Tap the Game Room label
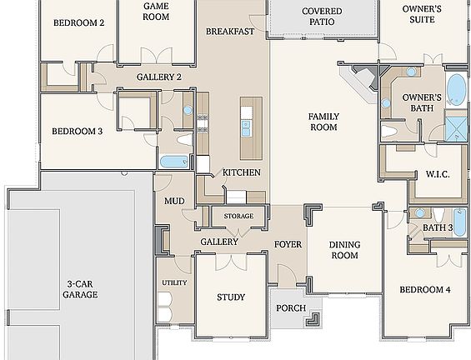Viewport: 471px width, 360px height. pyautogui.click(x=157, y=11)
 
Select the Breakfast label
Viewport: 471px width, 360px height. pyautogui.click(x=231, y=31)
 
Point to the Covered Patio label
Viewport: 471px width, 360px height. pyautogui.click(x=322, y=17)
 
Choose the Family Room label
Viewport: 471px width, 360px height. pyautogui.click(x=323, y=122)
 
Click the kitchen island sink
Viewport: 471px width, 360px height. pyautogui.click(x=247, y=127)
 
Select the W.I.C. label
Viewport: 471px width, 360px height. pyautogui.click(x=438, y=174)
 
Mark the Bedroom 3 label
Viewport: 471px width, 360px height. pyautogui.click(x=77, y=131)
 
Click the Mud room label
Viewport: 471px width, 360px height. pyautogui.click(x=174, y=202)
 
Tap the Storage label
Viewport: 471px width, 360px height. pyautogui.click(x=238, y=217)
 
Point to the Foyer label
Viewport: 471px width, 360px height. pyautogui.click(x=288, y=244)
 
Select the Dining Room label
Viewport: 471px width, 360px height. pyautogui.click(x=343, y=250)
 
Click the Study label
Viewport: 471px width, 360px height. pyautogui.click(x=230, y=297)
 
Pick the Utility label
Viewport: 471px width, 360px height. pyautogui.click(x=174, y=283)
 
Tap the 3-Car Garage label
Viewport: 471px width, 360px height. pyautogui.click(x=82, y=288)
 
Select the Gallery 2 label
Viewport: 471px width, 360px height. pyautogui.click(x=159, y=77)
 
